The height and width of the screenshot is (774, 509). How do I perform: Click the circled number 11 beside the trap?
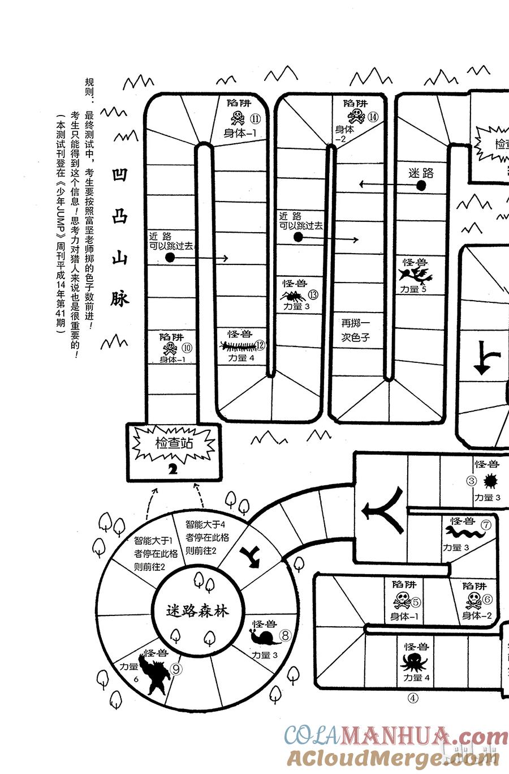255,119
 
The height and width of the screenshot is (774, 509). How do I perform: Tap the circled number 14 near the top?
373,117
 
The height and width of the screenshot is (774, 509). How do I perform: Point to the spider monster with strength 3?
294,296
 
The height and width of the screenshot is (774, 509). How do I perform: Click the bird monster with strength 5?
416,276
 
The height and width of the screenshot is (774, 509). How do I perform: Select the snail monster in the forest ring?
265,637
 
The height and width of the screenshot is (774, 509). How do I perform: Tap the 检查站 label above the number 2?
174,443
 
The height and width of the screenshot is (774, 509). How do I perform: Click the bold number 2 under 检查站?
173,469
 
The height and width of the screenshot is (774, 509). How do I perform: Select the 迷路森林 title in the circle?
197,611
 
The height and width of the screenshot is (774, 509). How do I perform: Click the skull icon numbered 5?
402,600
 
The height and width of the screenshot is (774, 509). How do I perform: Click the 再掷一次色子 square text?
356,330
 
